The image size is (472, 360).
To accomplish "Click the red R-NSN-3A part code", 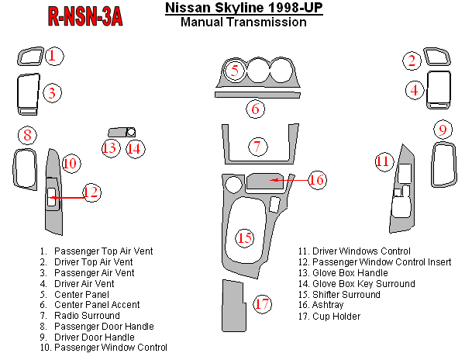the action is (85, 16).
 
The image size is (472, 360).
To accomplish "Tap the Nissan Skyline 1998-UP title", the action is (244, 8).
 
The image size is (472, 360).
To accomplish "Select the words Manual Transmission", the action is (243, 22).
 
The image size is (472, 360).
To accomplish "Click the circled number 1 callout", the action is (54, 56).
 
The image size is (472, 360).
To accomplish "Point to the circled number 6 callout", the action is (255, 109).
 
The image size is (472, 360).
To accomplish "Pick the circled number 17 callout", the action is (262, 303).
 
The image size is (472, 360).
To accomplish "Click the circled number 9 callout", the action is (443, 130).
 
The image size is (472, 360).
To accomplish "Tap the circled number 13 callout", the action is (110, 148).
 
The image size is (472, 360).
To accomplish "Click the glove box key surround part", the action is (131, 132).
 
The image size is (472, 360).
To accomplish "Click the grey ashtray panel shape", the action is (264, 181).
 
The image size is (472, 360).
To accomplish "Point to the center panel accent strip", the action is (257, 95).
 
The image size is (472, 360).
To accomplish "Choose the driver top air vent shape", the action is (437, 57).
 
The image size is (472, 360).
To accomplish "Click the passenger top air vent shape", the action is (30, 56).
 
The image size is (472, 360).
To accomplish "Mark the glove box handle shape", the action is (117, 132).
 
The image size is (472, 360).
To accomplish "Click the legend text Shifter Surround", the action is (346, 294).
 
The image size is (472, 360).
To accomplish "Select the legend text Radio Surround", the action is (87, 316).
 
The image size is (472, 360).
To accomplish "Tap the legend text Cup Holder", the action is (336, 317).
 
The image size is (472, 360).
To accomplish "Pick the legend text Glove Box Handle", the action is (350, 272).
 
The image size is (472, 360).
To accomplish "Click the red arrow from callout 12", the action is (67, 198).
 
